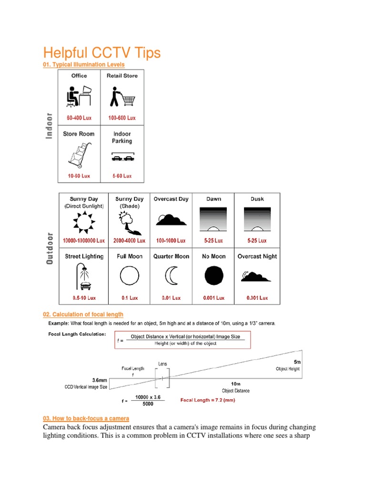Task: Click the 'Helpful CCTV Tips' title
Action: pos(102,53)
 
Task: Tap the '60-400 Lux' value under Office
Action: pos(79,118)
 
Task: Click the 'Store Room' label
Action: pos(79,134)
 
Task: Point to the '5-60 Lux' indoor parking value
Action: pos(122,176)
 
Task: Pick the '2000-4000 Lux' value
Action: pos(129,241)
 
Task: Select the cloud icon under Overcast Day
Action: pos(171,220)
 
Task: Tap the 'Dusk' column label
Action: pos(257,199)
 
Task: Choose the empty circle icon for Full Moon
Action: pos(130,276)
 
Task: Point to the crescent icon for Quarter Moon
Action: pos(171,276)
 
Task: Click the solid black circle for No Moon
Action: pos(213,276)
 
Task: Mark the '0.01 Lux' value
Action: pos(171,298)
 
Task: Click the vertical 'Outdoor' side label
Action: pos(50,248)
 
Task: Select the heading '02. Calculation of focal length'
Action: pos(83,315)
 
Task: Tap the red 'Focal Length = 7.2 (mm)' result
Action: pos(207,400)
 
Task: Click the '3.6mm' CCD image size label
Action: pos(102,380)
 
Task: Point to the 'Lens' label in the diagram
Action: pos(163,364)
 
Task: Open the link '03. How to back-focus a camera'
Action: pos(86,418)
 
